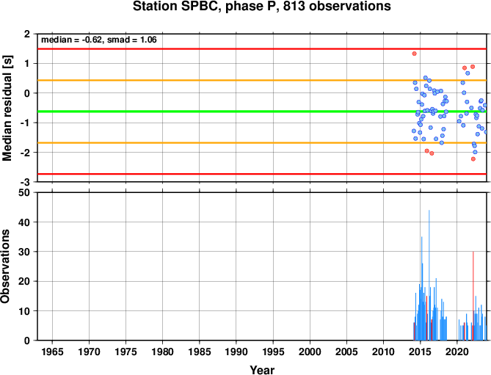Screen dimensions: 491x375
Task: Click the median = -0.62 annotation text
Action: point(71,40)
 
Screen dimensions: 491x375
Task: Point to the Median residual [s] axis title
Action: point(7,108)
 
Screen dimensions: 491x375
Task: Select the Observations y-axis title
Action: point(5,266)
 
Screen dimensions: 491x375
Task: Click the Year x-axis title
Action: point(262,370)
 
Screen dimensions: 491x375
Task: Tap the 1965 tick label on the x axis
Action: point(52,352)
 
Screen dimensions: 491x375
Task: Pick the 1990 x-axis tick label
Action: point(236,352)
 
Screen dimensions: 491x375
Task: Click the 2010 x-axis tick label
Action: point(383,352)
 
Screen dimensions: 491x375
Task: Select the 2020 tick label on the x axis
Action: point(457,352)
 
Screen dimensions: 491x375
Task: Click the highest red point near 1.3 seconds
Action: point(414,54)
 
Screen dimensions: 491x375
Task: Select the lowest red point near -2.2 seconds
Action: point(473,159)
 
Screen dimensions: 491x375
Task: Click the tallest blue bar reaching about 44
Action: point(429,275)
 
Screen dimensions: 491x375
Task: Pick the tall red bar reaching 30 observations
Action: point(473,296)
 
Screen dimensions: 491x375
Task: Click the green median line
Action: point(262,112)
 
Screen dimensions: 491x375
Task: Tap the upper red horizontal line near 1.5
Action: point(262,49)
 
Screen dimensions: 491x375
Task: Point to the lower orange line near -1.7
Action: point(262,143)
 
